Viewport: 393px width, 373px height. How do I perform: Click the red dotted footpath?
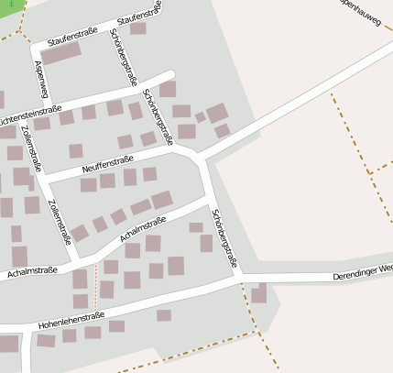click(x=94, y=287)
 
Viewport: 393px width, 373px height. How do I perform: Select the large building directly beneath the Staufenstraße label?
click(x=60, y=54)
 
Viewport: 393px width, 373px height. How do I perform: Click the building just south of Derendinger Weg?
click(x=259, y=294)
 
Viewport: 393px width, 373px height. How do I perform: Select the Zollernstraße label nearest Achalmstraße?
click(x=58, y=221)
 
